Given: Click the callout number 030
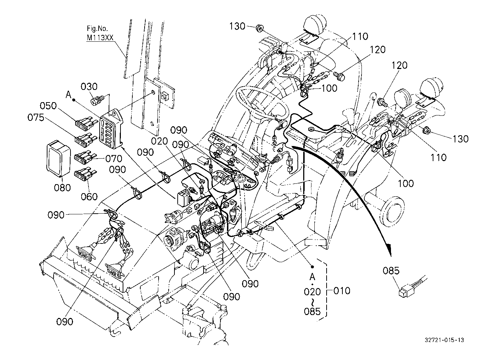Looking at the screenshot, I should point(89,87).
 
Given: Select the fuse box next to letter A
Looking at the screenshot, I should point(111,128).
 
